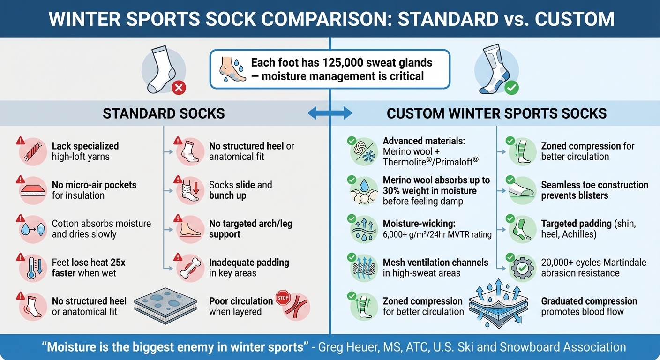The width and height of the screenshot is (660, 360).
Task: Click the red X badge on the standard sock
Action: tap(179, 87)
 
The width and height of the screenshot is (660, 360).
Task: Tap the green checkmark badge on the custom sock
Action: tap(512, 88)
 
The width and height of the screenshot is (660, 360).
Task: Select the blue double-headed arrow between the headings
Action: tap(330, 113)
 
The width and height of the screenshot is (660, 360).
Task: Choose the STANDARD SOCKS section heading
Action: tap(164, 113)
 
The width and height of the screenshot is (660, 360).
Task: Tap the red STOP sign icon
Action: tap(283, 299)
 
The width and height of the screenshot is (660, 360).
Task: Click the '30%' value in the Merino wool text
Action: tap(392, 191)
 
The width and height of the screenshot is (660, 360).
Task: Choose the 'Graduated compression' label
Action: tap(589, 301)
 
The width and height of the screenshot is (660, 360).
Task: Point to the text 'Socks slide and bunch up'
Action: tap(240, 190)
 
